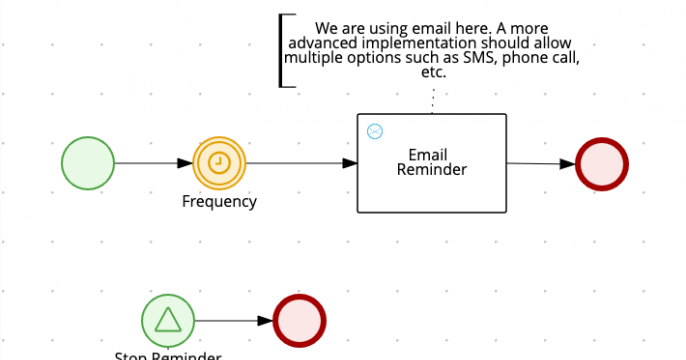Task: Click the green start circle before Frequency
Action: point(89,163)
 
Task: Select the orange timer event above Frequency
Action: point(220,163)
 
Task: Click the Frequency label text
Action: point(219,201)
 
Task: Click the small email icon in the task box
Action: point(375,131)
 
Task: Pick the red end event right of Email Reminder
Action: point(602,164)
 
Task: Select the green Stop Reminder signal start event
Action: point(168,320)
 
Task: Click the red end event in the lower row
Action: point(299,321)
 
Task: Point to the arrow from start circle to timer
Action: point(155,163)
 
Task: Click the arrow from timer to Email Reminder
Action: point(300,163)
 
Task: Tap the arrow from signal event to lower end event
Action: point(233,321)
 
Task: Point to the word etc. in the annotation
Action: point(433,73)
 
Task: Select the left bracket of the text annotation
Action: point(283,50)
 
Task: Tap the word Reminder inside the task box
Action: point(432,170)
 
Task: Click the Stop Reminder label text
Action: point(167,355)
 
